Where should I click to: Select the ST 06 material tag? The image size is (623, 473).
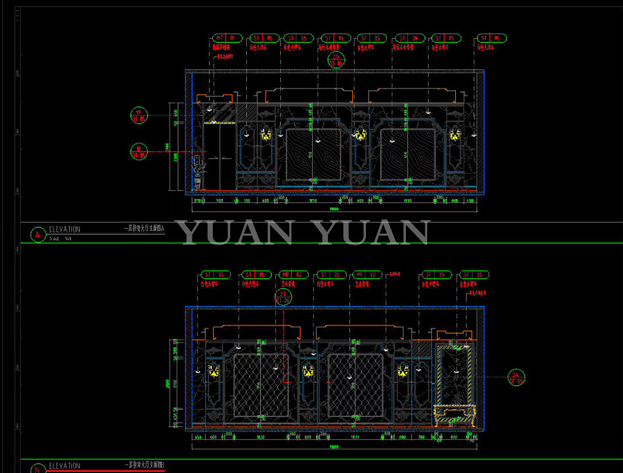(407, 39)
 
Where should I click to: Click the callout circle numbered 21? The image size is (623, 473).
(284, 297)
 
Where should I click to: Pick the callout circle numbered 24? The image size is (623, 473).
(517, 377)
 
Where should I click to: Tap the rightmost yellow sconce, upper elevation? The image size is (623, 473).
(455, 135)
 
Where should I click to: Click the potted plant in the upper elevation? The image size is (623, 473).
(198, 170)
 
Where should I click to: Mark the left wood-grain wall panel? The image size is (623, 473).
(313, 155)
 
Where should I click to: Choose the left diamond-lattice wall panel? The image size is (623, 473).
(262, 388)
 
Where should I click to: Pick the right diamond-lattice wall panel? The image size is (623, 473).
(356, 387)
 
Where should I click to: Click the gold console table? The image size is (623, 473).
(455, 416)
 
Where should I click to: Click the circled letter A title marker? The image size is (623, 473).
(37, 234)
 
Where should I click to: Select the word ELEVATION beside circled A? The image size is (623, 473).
(65, 230)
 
